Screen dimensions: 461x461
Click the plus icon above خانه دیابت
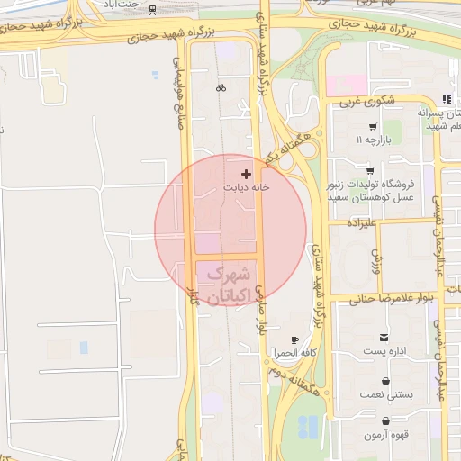coord(247,173)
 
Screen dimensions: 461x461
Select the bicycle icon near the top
coord(221,88)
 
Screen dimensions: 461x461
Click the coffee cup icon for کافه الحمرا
coord(294,339)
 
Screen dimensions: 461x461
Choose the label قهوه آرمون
coord(387,436)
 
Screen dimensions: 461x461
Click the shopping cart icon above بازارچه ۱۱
coord(371,127)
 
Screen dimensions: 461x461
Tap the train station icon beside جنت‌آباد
coord(151,10)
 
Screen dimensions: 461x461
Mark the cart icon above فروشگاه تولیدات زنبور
coord(370,169)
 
